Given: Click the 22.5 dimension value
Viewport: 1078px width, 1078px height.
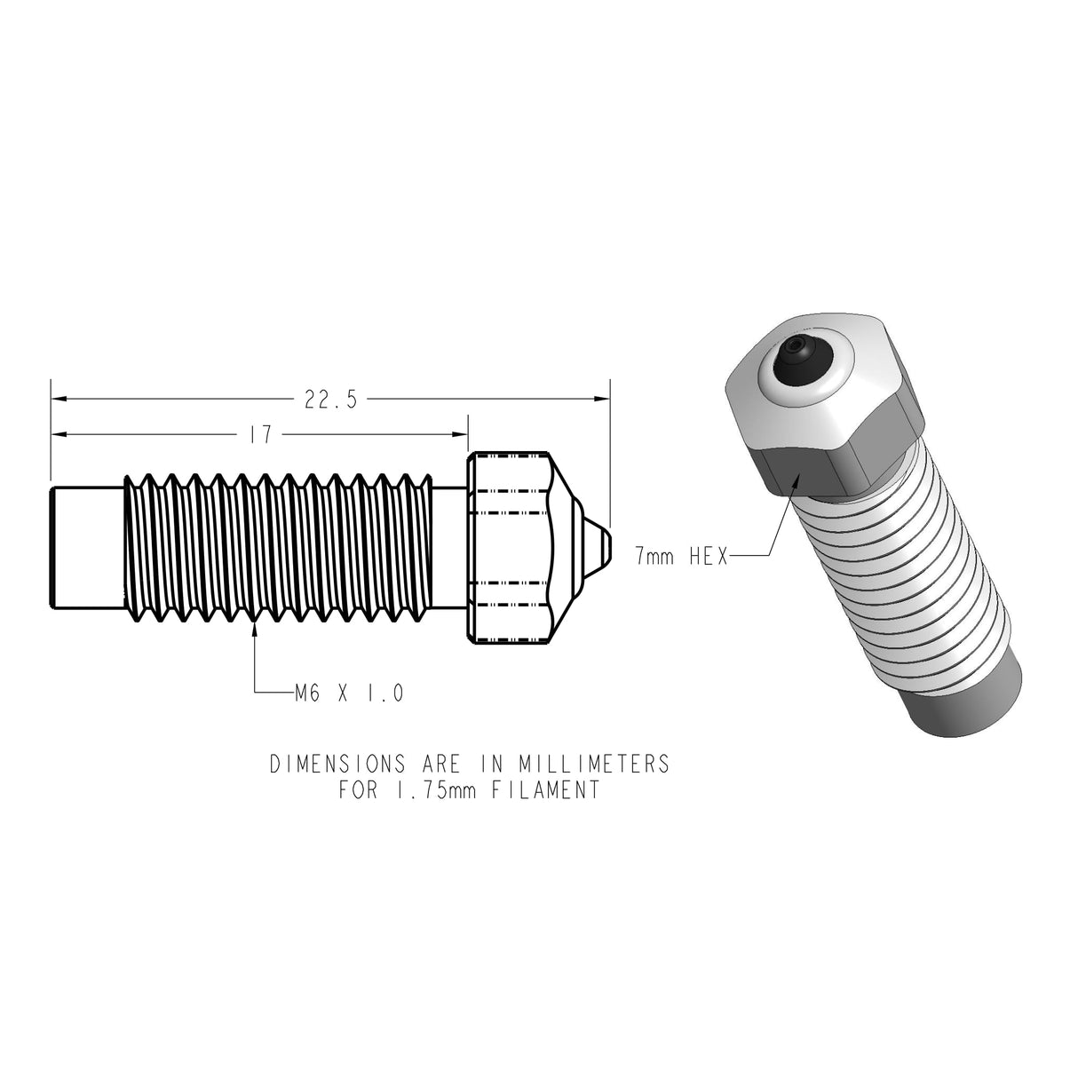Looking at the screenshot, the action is click(330, 400).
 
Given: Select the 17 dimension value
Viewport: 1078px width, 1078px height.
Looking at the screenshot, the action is click(260, 434).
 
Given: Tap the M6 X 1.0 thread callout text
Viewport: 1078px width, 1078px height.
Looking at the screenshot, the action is click(349, 693).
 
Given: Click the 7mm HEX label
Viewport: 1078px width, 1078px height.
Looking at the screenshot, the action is click(681, 556).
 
